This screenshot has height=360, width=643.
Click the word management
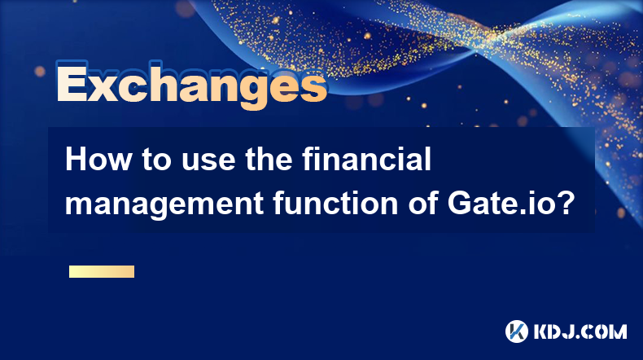164,204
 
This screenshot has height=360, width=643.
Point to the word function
335,203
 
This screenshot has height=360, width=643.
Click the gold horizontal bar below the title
102,271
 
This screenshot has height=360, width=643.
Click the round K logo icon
517,331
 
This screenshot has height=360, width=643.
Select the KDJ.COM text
580,331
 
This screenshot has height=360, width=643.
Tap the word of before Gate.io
422,203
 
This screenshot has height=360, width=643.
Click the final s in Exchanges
313,87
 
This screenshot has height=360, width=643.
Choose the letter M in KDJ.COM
618,331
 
